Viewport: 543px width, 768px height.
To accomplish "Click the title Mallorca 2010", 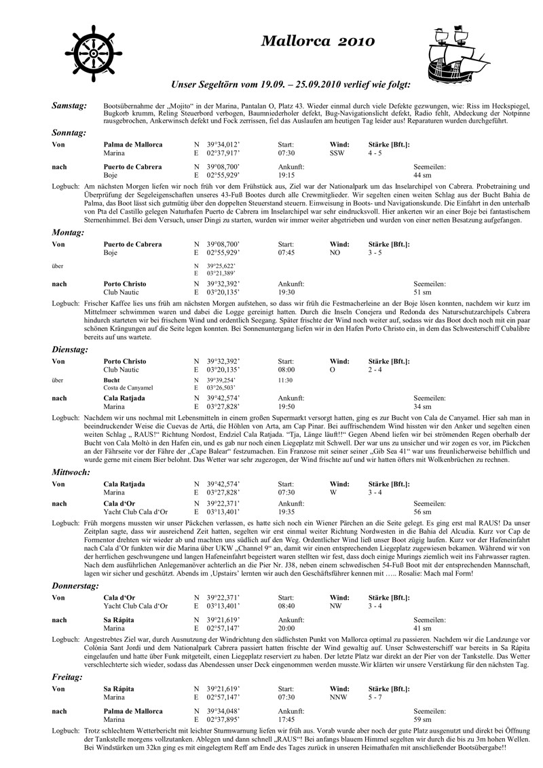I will tap(318, 41).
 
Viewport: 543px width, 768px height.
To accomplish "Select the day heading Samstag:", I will tap(69, 107).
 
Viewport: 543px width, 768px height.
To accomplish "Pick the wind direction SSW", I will tap(337, 153).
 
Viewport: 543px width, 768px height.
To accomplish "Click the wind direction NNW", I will tap(339, 696).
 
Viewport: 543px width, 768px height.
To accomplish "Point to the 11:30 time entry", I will tap(286, 381).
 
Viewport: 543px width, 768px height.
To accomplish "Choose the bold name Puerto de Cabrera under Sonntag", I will tap(132, 167).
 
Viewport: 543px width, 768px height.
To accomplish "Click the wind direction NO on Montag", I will tap(334, 252).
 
